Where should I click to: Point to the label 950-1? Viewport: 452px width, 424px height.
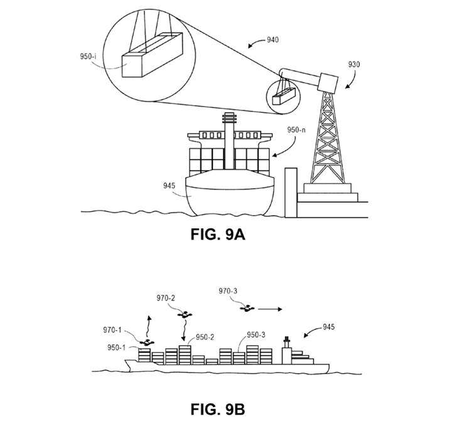[x=116, y=348]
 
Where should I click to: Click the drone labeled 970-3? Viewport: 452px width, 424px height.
[x=248, y=308]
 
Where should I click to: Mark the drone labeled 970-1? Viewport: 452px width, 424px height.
[x=148, y=342]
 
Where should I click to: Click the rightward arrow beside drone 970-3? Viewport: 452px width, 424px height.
[x=269, y=309]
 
